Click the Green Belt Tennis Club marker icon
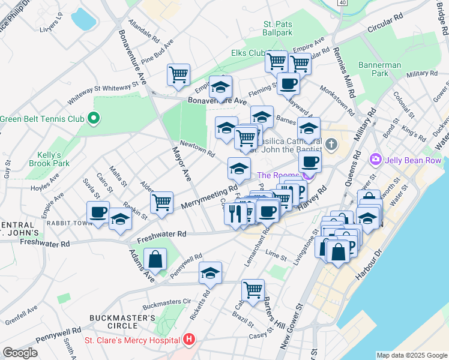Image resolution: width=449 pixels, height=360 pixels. [x=94, y=118]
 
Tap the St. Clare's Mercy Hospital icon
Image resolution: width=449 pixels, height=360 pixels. [x=190, y=340]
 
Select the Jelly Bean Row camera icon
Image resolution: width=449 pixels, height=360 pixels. [x=376, y=159]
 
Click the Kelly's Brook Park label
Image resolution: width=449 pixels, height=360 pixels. [x=49, y=158]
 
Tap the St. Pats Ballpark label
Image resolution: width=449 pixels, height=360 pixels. [x=277, y=28]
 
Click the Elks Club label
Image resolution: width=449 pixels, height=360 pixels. [x=248, y=53]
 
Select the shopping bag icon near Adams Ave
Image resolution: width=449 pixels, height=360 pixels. [x=155, y=259]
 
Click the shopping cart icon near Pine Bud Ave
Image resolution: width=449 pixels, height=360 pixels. [x=178, y=75]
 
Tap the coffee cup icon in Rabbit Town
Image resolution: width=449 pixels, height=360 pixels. [x=98, y=212]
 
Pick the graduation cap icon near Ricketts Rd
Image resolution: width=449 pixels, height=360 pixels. [x=210, y=273]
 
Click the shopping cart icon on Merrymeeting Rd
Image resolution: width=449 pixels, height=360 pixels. [x=161, y=203]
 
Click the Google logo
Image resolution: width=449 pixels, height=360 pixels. [x=20, y=353]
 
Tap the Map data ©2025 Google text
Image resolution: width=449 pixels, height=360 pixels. [x=411, y=355]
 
